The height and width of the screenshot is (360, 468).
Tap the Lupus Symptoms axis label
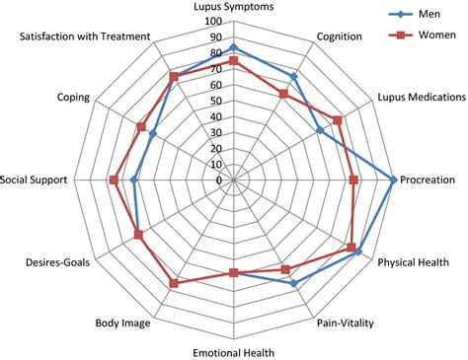(x=234, y=8)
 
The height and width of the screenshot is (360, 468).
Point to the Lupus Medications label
(x=421, y=98)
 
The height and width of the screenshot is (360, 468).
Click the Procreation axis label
(x=429, y=180)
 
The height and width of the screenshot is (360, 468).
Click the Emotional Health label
(x=234, y=351)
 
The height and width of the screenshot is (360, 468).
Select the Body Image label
(x=122, y=323)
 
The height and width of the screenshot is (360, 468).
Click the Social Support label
(x=35, y=180)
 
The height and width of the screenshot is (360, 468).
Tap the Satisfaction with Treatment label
(x=85, y=37)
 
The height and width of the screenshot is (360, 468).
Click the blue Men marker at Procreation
(x=394, y=180)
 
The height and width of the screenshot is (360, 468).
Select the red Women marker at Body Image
(x=174, y=283)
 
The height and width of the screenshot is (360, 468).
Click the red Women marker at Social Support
(x=114, y=180)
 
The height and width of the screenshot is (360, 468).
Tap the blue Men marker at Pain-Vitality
(x=293, y=283)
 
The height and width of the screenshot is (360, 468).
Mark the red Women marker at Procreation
(x=353, y=180)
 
